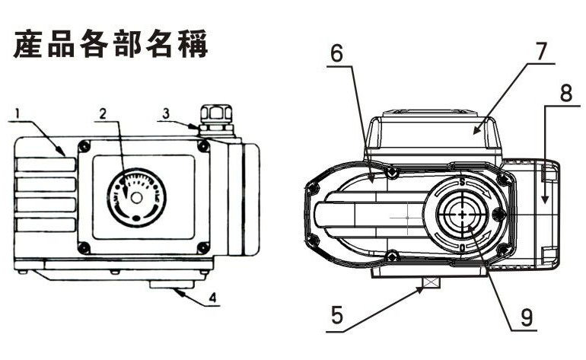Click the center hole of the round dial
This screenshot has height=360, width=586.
tap(135, 197)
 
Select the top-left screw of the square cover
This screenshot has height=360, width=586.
tap(84, 146)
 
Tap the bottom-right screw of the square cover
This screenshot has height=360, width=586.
tap(202, 247)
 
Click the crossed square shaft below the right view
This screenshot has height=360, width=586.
tap(431, 285)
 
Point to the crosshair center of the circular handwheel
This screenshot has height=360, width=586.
tap(463, 215)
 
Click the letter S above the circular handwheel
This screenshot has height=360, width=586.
tap(462, 183)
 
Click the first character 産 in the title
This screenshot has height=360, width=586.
tap(28, 44)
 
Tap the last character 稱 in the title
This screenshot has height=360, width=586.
tap(193, 44)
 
